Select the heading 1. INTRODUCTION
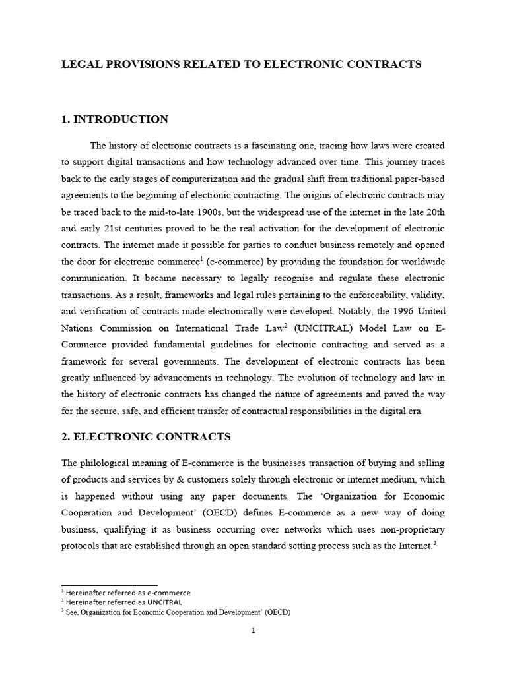tap(114, 119)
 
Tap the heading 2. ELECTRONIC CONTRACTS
tap(145, 436)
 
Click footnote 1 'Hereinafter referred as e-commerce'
tap(126, 593)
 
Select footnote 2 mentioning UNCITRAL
tap(122, 602)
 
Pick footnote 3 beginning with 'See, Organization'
tap(176, 612)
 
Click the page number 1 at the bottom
tap(253, 630)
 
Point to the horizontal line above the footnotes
tap(110, 585)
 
